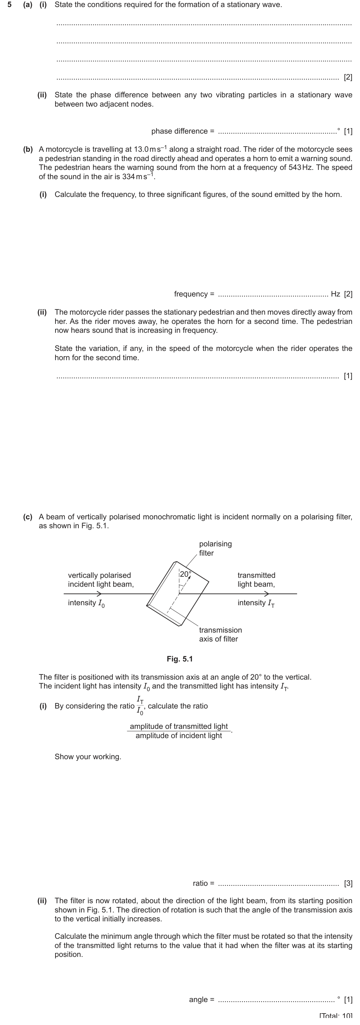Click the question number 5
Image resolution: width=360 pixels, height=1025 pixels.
10,5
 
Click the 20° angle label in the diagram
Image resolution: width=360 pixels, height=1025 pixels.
185,574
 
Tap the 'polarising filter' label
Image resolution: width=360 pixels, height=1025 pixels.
215,548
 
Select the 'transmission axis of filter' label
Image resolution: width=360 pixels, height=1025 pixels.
220,635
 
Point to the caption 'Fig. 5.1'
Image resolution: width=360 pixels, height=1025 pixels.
179,659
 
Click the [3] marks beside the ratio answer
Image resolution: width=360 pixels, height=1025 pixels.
348,883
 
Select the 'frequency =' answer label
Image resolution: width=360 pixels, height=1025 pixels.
194,294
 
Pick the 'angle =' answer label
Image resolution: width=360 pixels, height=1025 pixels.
201,999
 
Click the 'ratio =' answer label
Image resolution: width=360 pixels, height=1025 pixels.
203,883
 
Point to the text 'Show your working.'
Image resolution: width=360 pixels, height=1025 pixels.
88,757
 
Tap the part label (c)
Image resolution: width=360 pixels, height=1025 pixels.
28,517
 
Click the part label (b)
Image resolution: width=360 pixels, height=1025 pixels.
28,150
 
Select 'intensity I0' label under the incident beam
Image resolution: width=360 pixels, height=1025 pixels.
86,603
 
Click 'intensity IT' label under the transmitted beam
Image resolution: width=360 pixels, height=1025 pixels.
256,603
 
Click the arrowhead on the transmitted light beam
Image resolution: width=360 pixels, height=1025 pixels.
266,594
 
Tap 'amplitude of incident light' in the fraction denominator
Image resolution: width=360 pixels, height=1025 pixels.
179,736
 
